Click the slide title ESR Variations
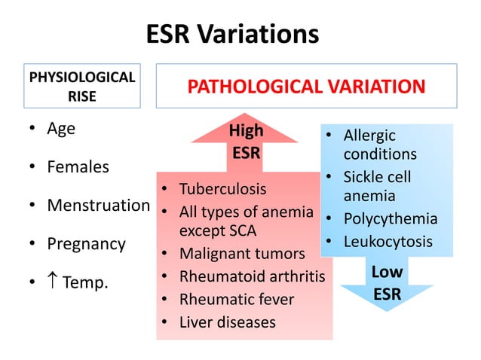232,34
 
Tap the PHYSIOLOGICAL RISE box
81,87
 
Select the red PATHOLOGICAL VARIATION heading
306,86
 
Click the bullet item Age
61,128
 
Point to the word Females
78,166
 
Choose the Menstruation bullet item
98,205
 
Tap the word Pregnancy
86,244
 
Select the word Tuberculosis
222,188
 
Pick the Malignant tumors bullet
241,254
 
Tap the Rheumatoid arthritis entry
252,276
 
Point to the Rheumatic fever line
236,299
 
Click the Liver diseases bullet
227,322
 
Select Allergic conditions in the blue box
379,145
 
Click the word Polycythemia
390,219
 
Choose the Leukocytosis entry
388,242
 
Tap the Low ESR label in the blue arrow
387,283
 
